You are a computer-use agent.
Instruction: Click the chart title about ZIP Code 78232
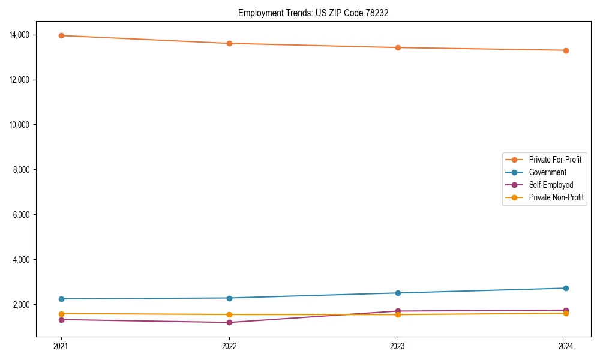pyautogui.click(x=313, y=13)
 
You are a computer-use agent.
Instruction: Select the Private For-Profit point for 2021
pyautogui.click(x=61, y=35)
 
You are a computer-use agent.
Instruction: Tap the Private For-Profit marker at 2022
pyautogui.click(x=229, y=43)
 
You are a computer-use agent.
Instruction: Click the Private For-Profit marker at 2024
pyautogui.click(x=566, y=50)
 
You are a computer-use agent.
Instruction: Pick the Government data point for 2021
pyautogui.click(x=61, y=299)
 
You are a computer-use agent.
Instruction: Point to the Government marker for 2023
pyautogui.click(x=397, y=293)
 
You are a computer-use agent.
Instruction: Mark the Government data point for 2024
pyautogui.click(x=566, y=288)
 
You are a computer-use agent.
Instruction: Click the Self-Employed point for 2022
pyautogui.click(x=229, y=322)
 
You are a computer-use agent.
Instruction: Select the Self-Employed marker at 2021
pyautogui.click(x=61, y=319)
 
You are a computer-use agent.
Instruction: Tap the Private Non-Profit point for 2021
pyautogui.click(x=61, y=313)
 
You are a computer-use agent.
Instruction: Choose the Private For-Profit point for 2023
pyautogui.click(x=397, y=47)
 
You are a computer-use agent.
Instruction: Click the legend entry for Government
pyautogui.click(x=547, y=172)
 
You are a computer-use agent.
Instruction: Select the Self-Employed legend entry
pyautogui.click(x=551, y=185)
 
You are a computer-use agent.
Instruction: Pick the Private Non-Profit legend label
pyautogui.click(x=556, y=197)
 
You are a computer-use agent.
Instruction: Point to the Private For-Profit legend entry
pyautogui.click(x=554, y=160)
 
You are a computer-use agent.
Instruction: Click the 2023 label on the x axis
pyautogui.click(x=397, y=346)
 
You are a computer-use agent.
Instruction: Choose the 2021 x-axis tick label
pyautogui.click(x=61, y=346)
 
